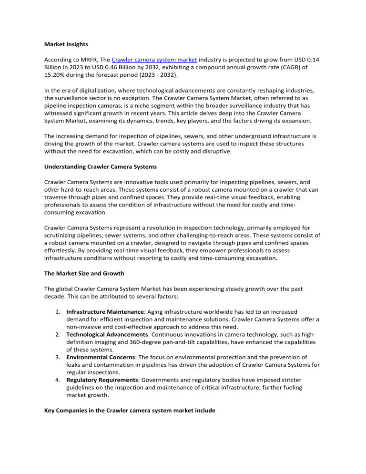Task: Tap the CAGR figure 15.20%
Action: pyautogui.click(x=55, y=77)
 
